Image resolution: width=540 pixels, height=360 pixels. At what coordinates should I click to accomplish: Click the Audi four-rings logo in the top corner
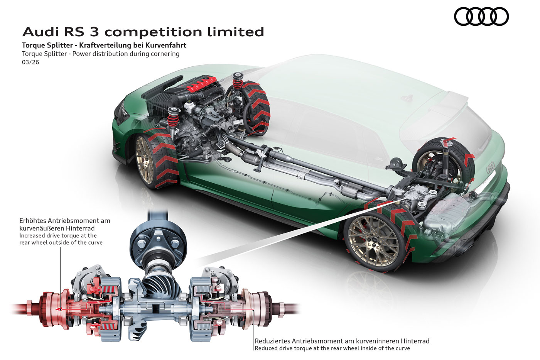481,17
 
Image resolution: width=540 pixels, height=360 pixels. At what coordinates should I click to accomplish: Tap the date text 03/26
30,62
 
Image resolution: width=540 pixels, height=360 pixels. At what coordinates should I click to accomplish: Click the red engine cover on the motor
200,84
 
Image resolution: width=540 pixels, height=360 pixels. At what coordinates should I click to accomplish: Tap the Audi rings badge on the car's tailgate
490,168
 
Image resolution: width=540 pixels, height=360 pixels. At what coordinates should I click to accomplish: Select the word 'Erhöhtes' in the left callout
32,221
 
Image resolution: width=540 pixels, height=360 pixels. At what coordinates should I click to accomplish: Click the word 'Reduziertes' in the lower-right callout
272,341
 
